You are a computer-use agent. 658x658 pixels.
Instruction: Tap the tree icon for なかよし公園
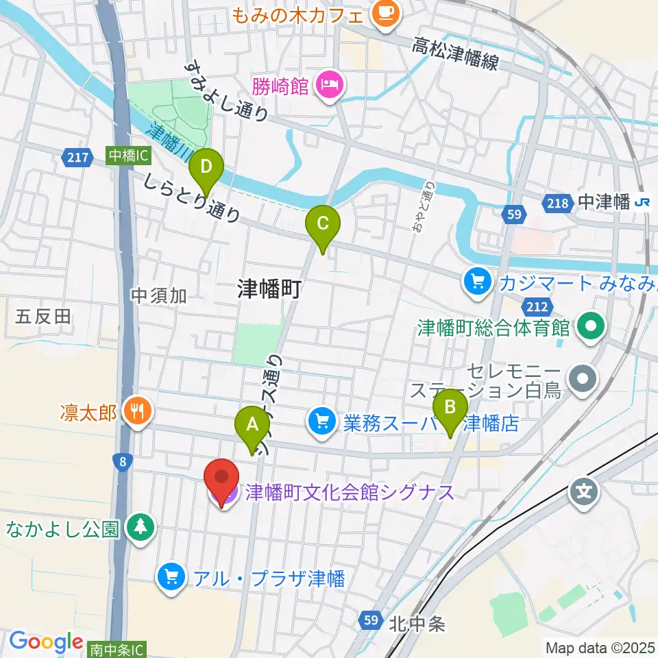141,528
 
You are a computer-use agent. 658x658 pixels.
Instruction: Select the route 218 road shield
557,202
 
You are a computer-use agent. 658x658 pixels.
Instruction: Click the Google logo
46,642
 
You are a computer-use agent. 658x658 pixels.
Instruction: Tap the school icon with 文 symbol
584,492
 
